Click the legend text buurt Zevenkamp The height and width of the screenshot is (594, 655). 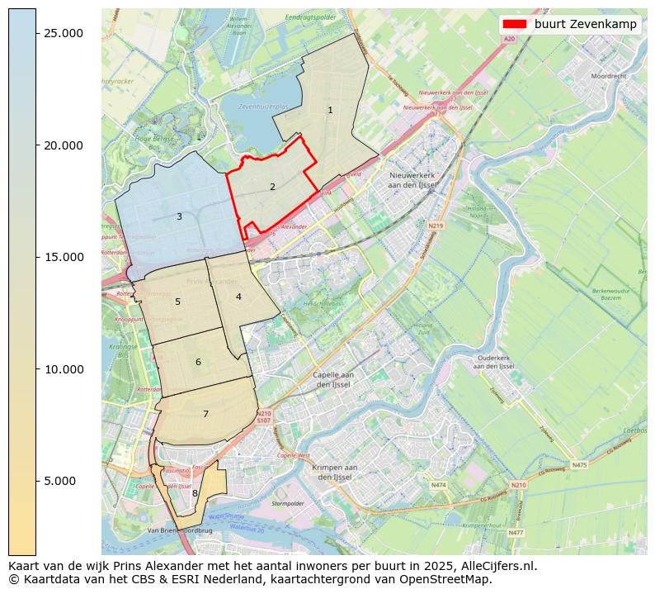pos(585,24)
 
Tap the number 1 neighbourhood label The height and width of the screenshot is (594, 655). pos(330,110)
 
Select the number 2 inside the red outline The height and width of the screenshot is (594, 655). pos(272,187)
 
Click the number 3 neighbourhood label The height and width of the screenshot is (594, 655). pos(179,216)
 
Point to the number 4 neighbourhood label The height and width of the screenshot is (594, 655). pos(238,297)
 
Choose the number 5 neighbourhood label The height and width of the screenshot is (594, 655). pos(177,302)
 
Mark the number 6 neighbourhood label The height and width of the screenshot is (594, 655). pos(198,362)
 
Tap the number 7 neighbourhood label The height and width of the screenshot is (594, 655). pos(205,414)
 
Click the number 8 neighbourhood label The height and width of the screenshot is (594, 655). pos(195,493)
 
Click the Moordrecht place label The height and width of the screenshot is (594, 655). pos(609,75)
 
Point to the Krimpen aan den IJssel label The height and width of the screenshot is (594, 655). pos(334,473)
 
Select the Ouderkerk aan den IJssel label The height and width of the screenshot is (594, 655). pos(495,362)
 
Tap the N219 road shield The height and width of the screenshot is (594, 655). pos(436,226)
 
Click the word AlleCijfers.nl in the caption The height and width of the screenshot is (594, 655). pos(499,567)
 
